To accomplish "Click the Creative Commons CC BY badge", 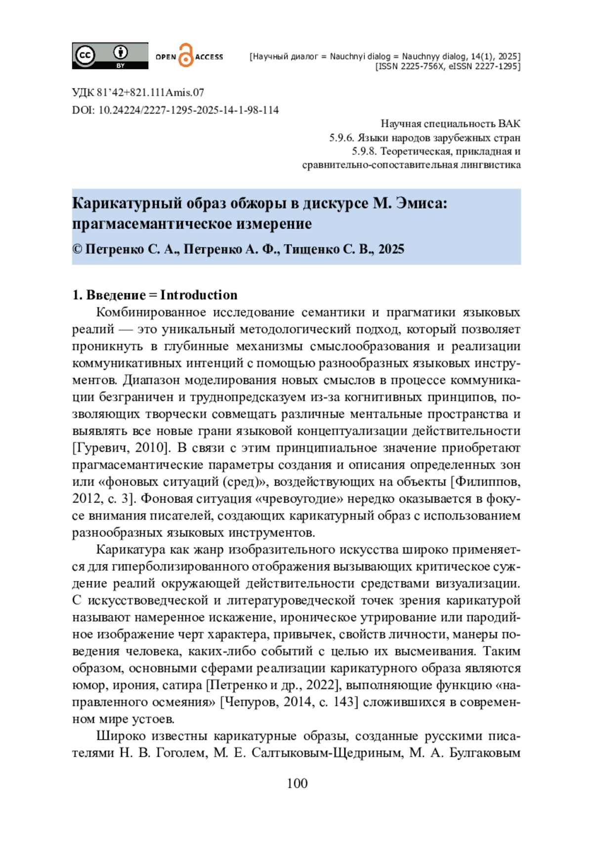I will point(110,55).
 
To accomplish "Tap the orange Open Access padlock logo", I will point(185,55).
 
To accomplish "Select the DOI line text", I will point(175,110).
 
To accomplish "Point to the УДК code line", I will point(138,92).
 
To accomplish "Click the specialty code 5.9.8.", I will point(364,151).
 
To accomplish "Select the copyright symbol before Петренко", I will point(77,249).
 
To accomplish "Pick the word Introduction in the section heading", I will point(199,295).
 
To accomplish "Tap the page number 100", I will point(297,783).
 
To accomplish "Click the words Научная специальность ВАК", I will point(450,123).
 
